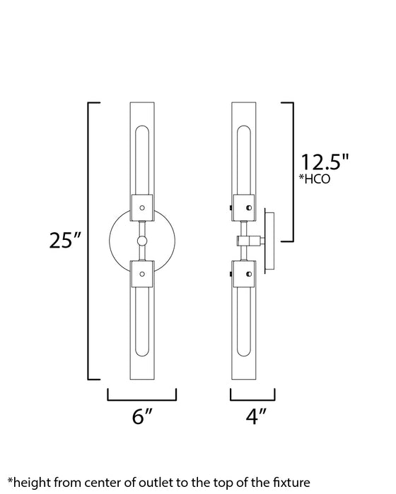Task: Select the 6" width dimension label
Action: click(x=143, y=416)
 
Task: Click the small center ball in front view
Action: click(x=142, y=241)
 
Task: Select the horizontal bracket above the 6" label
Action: click(x=142, y=399)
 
